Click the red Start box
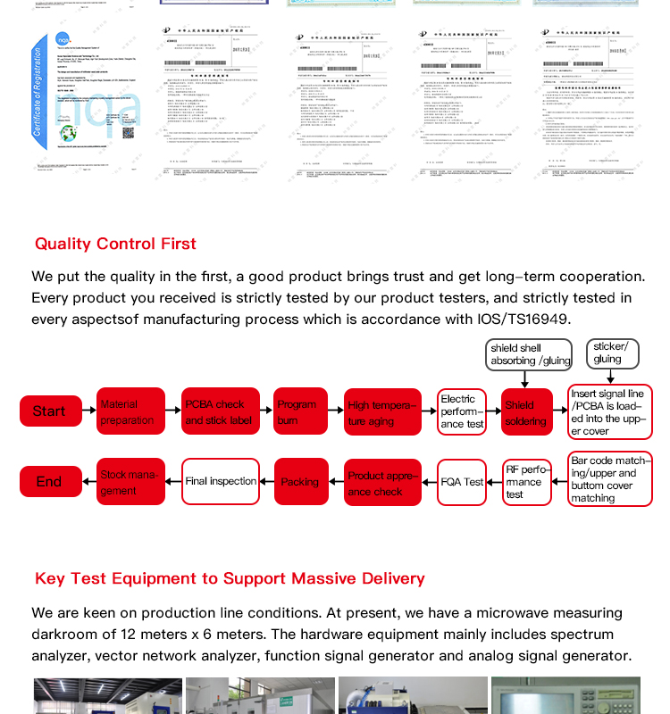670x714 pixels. (50, 411)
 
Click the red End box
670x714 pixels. (50, 482)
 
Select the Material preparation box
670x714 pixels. (130, 411)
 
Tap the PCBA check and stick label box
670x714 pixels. (221, 411)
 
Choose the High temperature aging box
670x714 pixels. (382, 412)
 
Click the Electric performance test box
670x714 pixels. (462, 412)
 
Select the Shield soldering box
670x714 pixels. (526, 412)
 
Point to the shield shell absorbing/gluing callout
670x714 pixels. (529, 354)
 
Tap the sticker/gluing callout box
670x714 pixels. (612, 353)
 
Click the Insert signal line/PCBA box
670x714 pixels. (610, 412)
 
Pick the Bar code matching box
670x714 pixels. (610, 480)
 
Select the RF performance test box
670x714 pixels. (526, 482)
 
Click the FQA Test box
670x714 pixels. (462, 482)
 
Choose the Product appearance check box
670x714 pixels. (382, 483)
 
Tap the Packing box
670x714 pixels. (301, 482)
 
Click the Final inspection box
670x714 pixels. (221, 482)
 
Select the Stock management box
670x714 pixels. (130, 482)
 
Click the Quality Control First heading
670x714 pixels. (115, 244)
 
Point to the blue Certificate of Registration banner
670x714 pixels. (38, 92)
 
